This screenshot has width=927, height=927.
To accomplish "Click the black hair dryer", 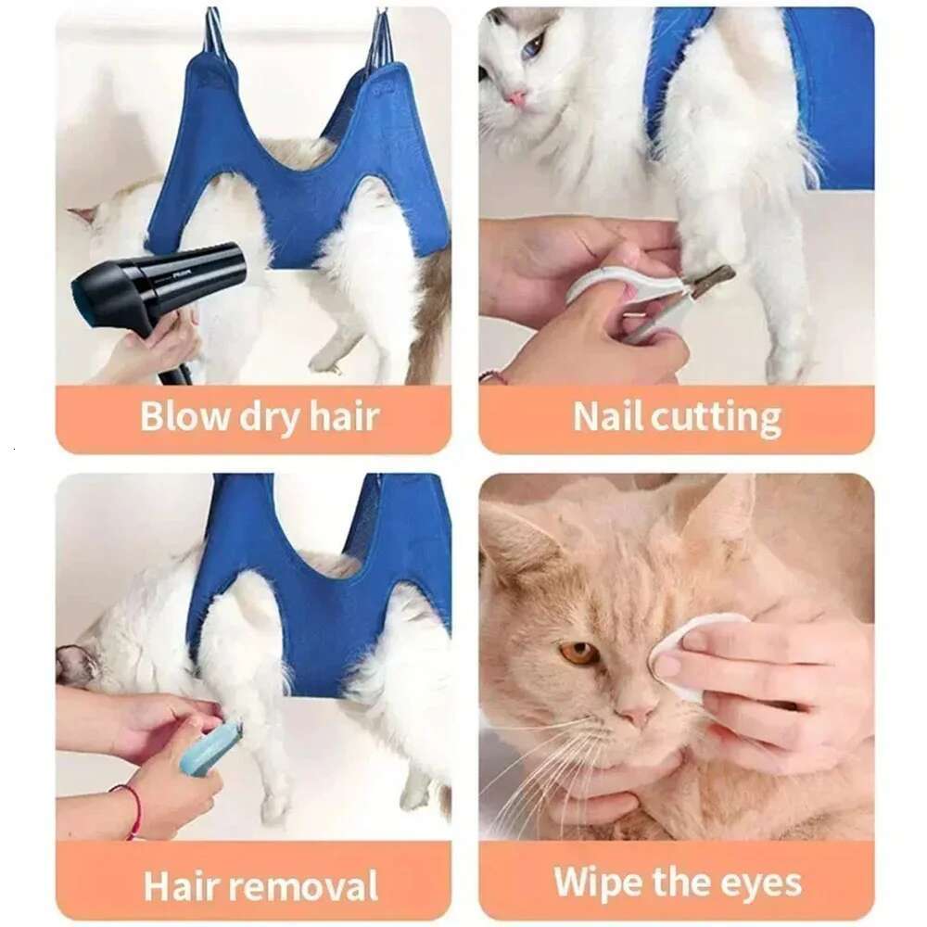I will [x=158, y=278].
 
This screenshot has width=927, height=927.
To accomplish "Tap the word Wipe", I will [x=596, y=882].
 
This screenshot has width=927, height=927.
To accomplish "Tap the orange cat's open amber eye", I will [x=578, y=653].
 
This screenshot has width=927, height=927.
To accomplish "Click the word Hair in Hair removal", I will [x=183, y=884].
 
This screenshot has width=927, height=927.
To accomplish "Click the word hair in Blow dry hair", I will [x=344, y=416].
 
